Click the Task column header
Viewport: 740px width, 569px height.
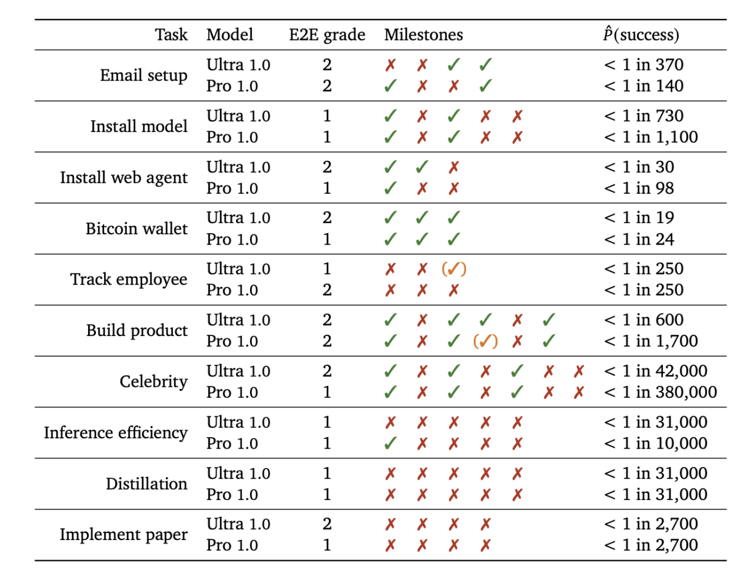(171, 34)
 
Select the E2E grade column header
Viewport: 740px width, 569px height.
(327, 34)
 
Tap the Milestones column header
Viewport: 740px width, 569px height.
(423, 34)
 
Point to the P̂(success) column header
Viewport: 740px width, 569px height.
(641, 34)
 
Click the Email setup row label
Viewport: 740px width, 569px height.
(143, 75)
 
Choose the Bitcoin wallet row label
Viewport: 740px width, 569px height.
(136, 228)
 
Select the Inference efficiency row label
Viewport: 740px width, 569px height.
(115, 432)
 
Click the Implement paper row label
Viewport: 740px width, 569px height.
(123, 534)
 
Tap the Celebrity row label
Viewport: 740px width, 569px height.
(153, 381)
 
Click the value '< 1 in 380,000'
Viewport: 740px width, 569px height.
(660, 392)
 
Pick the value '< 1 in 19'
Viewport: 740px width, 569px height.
(639, 218)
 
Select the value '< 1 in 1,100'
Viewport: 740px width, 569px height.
(651, 137)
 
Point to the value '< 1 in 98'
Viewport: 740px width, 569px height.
(639, 188)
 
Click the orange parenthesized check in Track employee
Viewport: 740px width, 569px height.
(454, 269)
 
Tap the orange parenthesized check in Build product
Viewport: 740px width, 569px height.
(485, 341)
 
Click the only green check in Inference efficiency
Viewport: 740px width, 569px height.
(390, 443)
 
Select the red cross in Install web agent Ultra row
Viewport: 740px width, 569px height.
(454, 167)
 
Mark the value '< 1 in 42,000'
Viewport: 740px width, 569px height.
(655, 371)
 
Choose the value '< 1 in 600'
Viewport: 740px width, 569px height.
(644, 320)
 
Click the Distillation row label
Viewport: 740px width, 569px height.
(146, 484)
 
